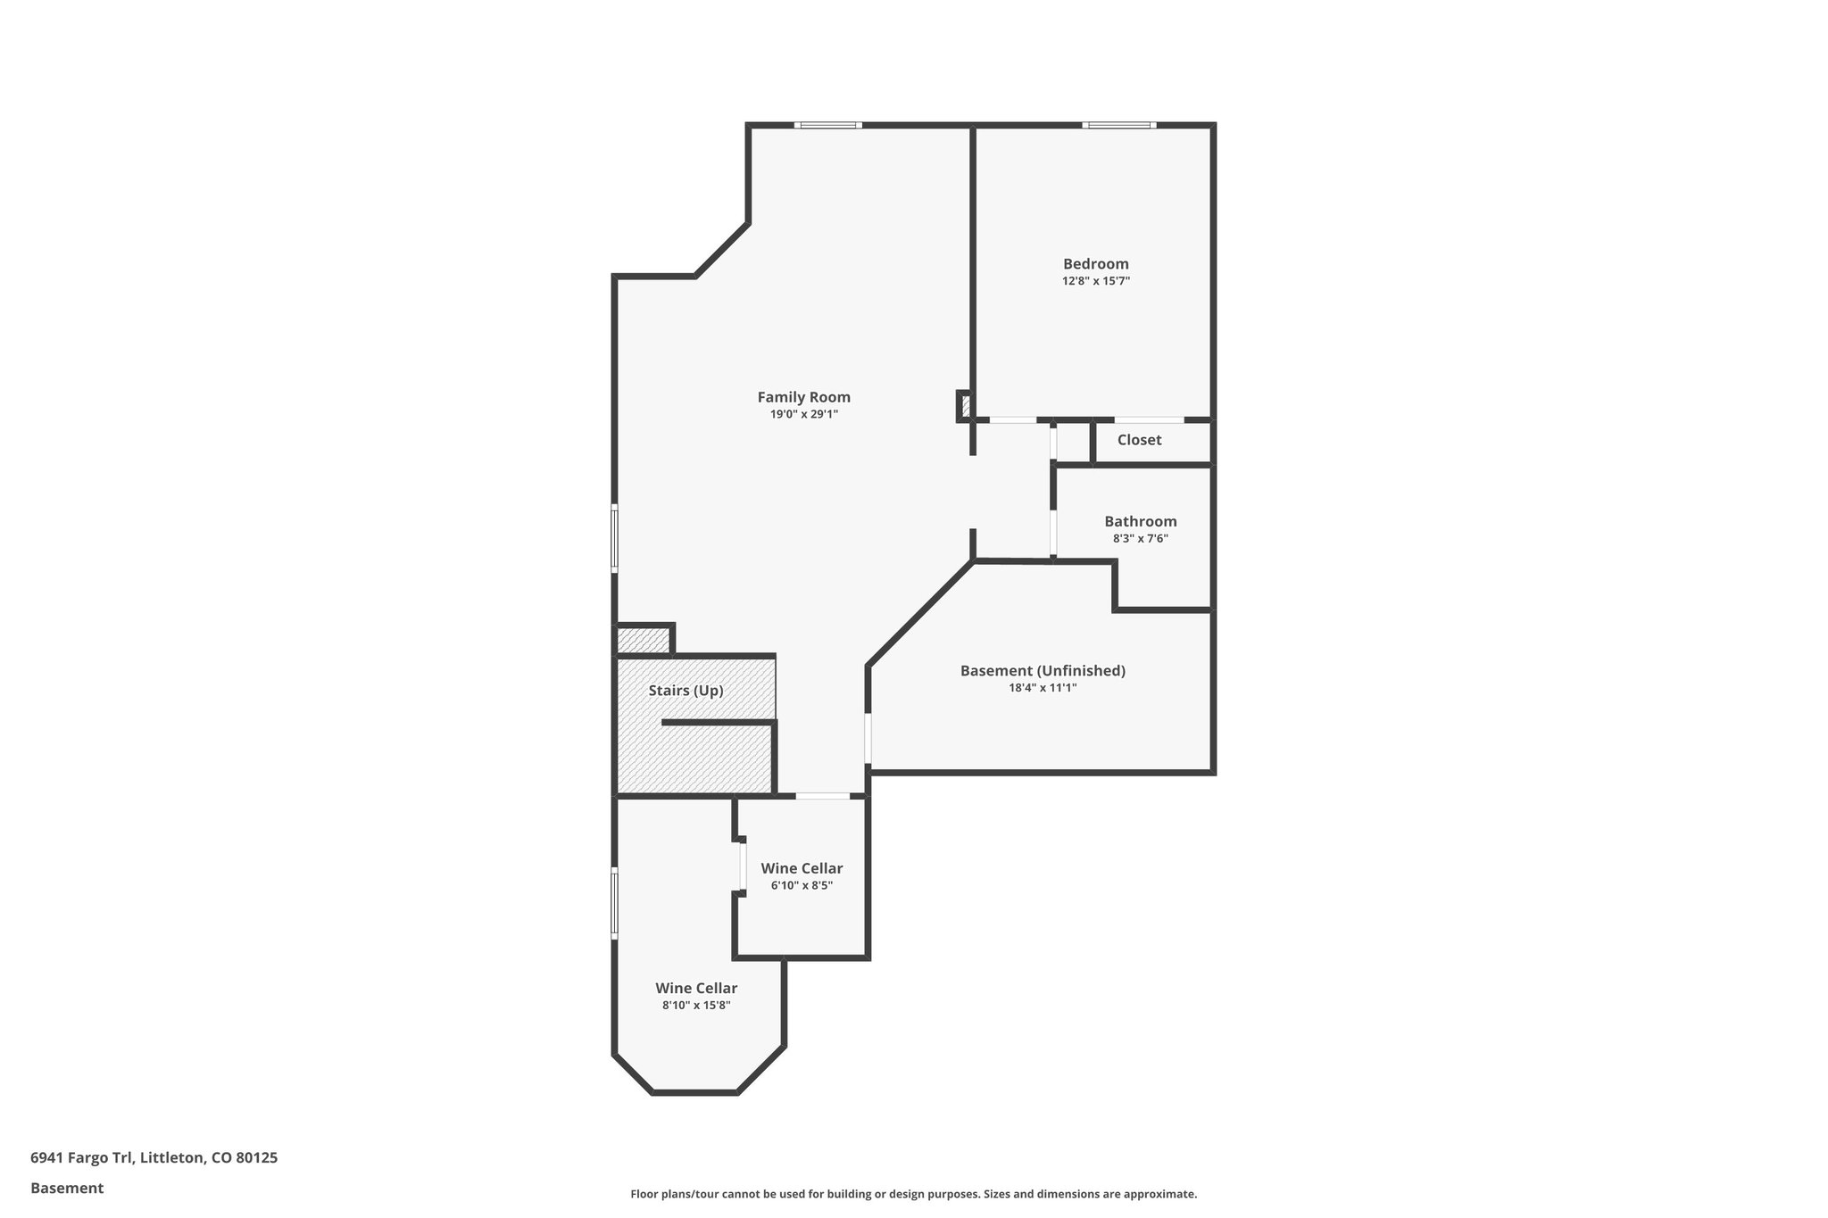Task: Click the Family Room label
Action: pos(803,397)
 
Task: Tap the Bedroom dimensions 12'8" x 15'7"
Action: pos(1096,281)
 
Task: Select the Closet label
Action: pos(1139,440)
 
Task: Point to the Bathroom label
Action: pos(1140,521)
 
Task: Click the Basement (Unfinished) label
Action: pos(1042,670)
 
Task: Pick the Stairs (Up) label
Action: pos(685,691)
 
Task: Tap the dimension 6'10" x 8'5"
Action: pos(802,885)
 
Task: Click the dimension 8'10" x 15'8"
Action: pos(696,1005)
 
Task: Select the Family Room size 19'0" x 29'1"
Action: pos(803,414)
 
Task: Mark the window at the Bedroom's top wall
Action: pos(1119,125)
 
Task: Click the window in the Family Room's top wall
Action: pos(828,125)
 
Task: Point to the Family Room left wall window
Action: pos(614,538)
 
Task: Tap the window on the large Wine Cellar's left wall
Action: pos(614,902)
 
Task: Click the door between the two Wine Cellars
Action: pos(742,866)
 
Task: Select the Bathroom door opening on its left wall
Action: pos(1053,533)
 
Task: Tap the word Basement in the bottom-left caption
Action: pos(67,1188)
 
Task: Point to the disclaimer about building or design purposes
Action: pos(913,1194)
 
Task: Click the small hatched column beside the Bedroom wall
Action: pos(965,406)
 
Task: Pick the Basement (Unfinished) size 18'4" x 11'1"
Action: pos(1042,688)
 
